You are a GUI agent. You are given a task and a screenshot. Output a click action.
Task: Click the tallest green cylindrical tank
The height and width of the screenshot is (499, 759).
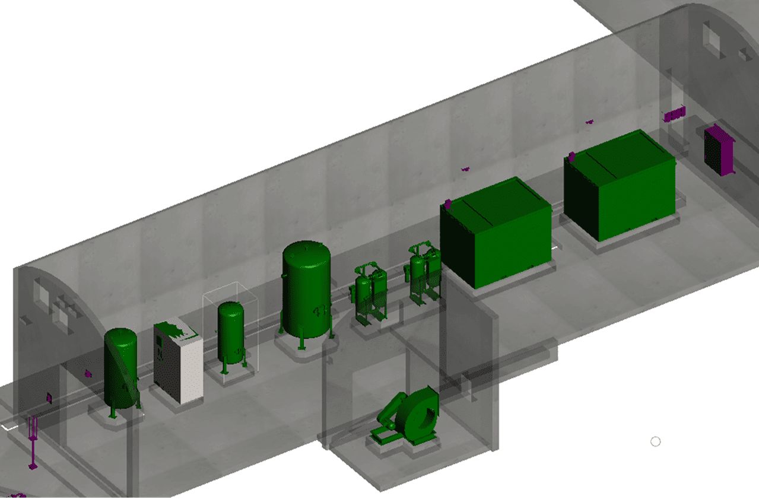point(306,291)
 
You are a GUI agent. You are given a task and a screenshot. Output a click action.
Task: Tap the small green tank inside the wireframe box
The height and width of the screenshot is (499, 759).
point(231,332)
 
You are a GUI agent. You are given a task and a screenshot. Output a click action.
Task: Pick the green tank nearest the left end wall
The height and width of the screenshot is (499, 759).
point(121,368)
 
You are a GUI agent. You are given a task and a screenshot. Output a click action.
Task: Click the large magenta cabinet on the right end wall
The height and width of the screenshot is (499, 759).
point(718,151)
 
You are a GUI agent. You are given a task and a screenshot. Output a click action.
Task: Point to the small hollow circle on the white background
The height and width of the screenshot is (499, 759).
point(656,441)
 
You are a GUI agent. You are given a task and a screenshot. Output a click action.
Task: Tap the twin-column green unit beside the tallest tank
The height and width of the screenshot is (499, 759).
point(369,294)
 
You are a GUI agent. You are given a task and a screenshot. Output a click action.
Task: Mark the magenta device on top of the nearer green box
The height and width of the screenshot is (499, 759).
point(448,205)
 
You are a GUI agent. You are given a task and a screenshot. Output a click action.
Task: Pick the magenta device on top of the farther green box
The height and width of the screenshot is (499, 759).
point(571,157)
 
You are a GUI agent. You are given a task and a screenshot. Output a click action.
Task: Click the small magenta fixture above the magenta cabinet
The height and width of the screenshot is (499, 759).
point(674,115)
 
